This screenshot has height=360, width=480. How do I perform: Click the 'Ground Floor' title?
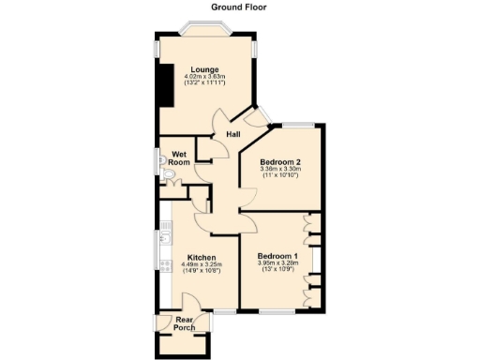239,7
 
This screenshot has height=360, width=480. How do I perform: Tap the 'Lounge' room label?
204,69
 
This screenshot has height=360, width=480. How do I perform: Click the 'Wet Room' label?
180,157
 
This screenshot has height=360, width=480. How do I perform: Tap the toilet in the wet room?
165,175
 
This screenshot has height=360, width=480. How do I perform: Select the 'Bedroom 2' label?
278,162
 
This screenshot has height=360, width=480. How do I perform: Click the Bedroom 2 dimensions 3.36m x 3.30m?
278,170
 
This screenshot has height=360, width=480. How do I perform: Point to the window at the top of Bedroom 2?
298,123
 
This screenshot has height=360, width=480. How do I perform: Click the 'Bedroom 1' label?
277,256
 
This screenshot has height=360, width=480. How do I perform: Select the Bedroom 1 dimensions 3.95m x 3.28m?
277,263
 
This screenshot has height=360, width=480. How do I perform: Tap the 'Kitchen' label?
202,258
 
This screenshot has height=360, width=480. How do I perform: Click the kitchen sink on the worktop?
163,238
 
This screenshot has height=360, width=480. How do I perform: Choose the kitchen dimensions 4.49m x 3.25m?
202,265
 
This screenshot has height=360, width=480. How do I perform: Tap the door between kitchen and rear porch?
187,305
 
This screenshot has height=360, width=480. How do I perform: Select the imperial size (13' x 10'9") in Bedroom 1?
277,271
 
